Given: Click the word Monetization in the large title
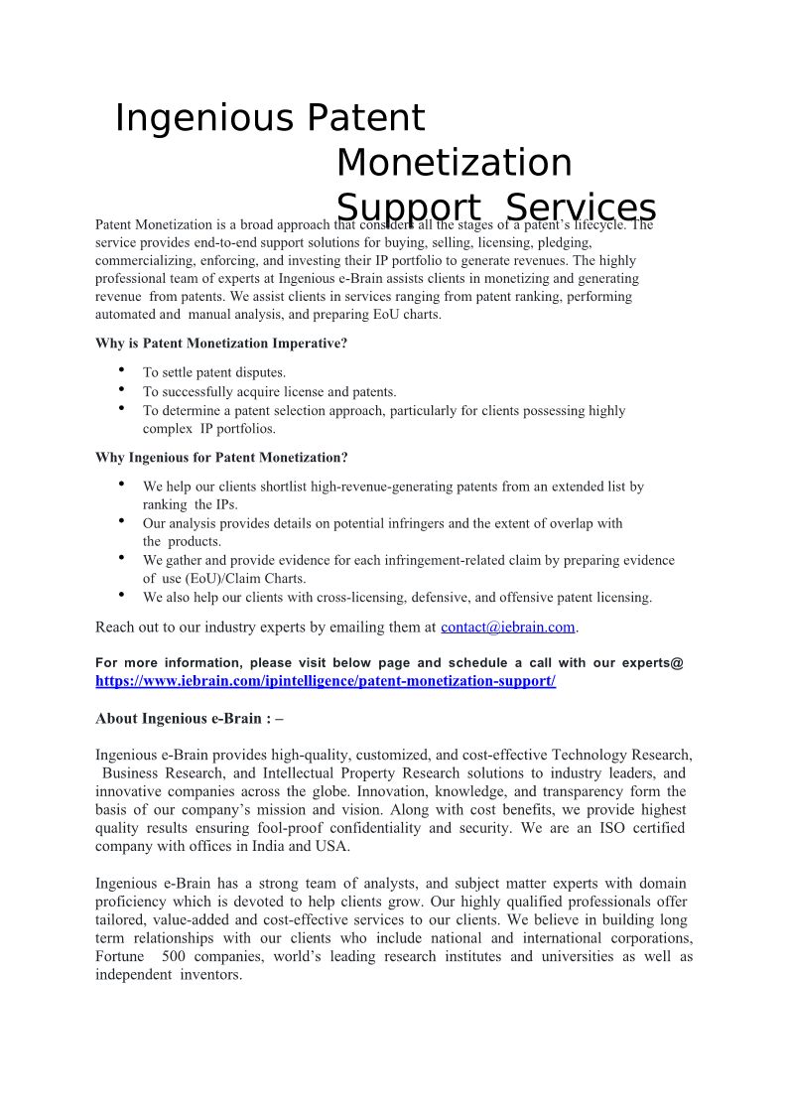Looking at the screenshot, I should coord(454,163).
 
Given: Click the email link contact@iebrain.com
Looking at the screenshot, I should coord(507,627).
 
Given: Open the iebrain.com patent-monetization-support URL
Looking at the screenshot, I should coord(325,681).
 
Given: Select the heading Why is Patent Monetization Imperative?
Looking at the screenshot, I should coord(221,344).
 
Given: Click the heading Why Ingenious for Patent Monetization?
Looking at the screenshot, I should coord(221,458).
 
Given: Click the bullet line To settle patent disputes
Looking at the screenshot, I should coord(214,373).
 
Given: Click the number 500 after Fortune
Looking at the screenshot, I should coord(174,956).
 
